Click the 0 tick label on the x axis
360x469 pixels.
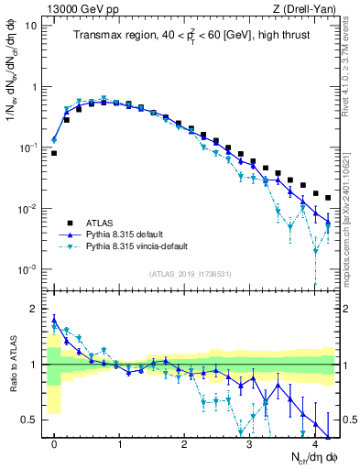click(54, 444)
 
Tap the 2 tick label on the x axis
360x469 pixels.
click(184, 444)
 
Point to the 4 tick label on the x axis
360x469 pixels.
click(314, 444)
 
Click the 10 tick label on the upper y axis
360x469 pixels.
click(30, 26)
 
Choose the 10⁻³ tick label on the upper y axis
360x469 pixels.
click(27, 269)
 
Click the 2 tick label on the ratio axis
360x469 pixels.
click(34, 309)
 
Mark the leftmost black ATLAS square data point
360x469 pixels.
click(54, 153)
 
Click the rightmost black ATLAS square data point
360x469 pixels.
click(328, 198)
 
